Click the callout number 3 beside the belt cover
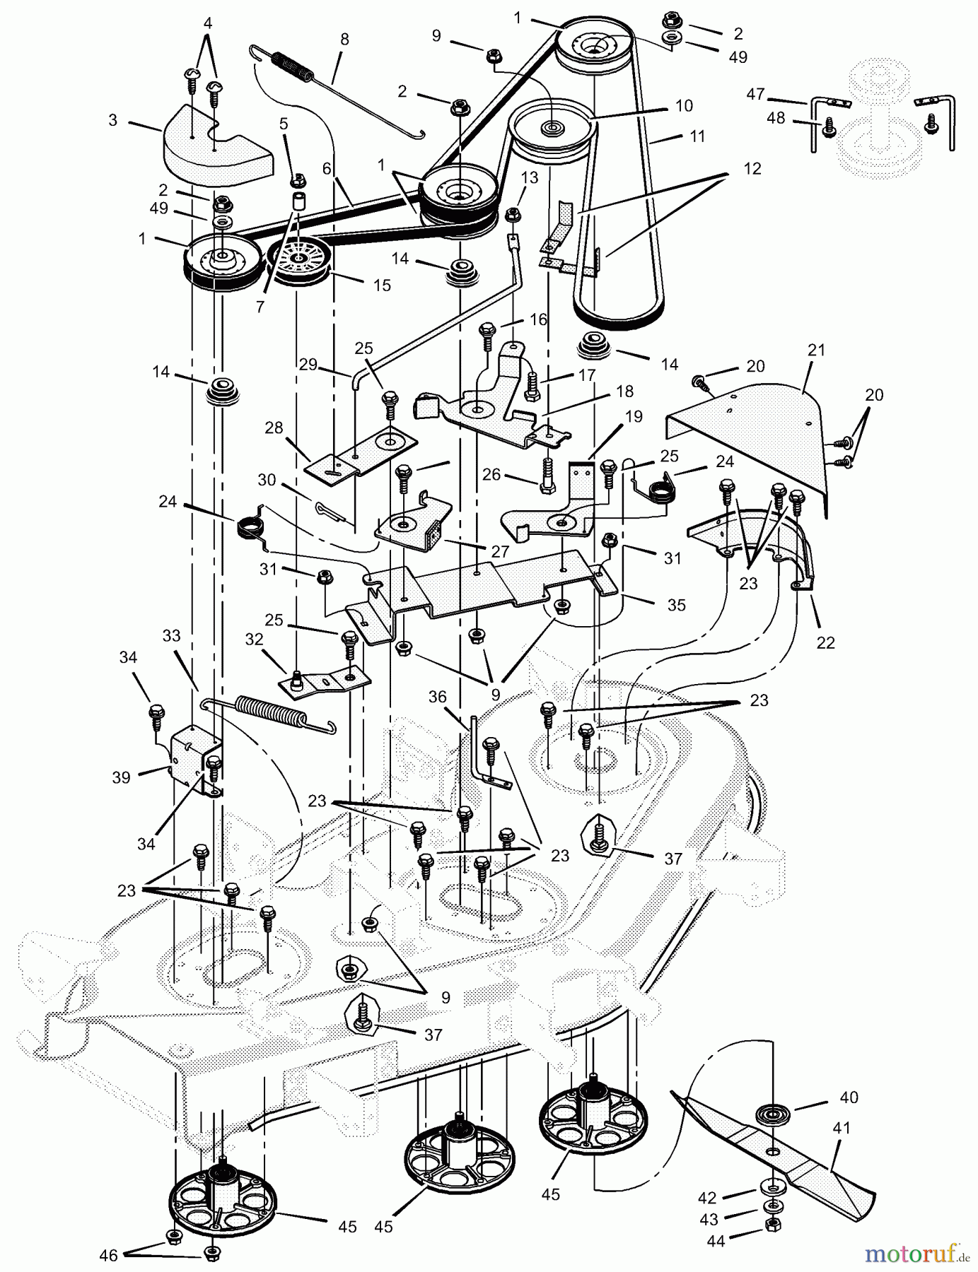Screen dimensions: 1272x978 coord(113,120)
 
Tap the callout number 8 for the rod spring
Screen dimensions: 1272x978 coord(344,40)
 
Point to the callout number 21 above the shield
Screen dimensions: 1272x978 coord(817,351)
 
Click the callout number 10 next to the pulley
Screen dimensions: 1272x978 coord(684,106)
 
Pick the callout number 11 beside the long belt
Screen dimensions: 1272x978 coord(697,136)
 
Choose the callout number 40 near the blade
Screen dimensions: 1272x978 coord(849,1097)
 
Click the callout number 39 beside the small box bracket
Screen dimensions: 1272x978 coord(121,777)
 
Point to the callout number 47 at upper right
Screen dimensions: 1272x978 coord(755,93)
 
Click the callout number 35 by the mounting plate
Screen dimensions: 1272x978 coord(676,606)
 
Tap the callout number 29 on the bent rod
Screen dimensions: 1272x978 coord(308,365)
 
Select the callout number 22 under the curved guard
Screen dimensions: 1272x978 coord(825,642)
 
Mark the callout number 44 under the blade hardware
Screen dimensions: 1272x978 coord(718,1240)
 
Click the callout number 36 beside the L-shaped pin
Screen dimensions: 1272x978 coord(437,697)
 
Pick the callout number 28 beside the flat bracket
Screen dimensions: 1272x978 coord(274,428)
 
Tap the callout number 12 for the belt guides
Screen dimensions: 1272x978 coord(752,168)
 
